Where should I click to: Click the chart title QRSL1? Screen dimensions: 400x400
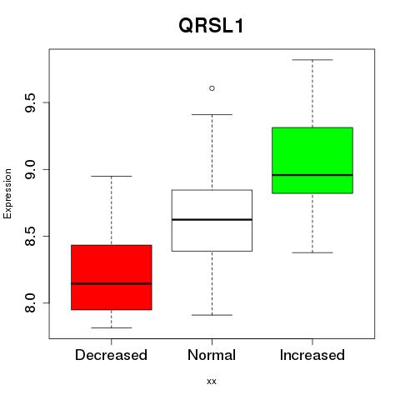tap(211, 26)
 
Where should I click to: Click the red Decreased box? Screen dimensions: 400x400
tap(112, 277)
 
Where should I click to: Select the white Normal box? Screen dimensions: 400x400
tap(212, 221)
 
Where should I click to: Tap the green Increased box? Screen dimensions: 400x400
tap(312, 160)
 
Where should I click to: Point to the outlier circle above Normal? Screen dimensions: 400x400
tap(212, 88)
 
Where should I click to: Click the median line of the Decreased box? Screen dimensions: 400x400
tap(112, 283)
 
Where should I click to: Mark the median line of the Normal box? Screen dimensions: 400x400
tap(212, 220)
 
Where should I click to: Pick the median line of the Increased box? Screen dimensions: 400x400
tap(312, 175)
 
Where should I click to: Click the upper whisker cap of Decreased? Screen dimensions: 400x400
tap(112, 176)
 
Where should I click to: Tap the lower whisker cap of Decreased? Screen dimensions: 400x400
tap(112, 327)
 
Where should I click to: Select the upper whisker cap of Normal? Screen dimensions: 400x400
tap(212, 114)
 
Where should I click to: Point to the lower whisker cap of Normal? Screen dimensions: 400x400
tap(212, 315)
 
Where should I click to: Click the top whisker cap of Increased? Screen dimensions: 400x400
tap(312, 60)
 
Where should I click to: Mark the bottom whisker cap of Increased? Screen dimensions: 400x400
tap(312, 252)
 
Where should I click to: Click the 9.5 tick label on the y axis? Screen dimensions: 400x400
tap(30, 102)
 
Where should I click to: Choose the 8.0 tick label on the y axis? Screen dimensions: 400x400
tap(30, 303)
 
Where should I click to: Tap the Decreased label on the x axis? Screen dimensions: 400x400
tap(111, 355)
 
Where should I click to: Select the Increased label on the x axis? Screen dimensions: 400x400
tap(312, 355)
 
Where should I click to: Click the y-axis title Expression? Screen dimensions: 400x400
tap(7, 194)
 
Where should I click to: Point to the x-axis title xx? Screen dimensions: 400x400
tap(212, 382)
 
